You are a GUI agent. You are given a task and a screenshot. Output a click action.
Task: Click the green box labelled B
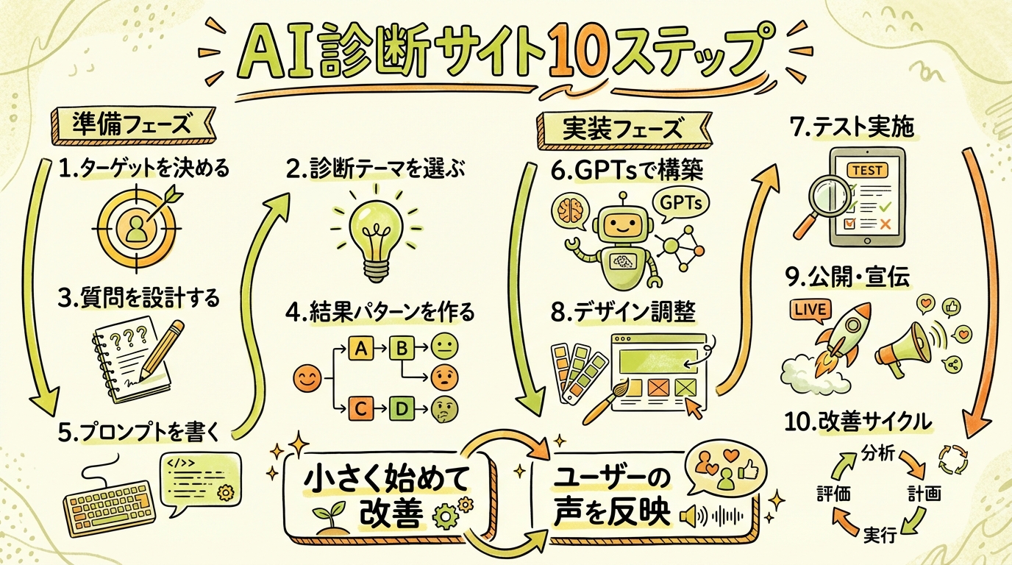coord(401,349)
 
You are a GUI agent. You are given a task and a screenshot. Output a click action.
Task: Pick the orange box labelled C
coord(360,408)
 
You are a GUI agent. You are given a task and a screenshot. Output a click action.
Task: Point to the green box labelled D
coord(402,408)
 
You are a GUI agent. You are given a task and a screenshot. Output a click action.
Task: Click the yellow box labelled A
coord(360,349)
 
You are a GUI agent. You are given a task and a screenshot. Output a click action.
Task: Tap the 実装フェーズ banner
coord(623,129)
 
